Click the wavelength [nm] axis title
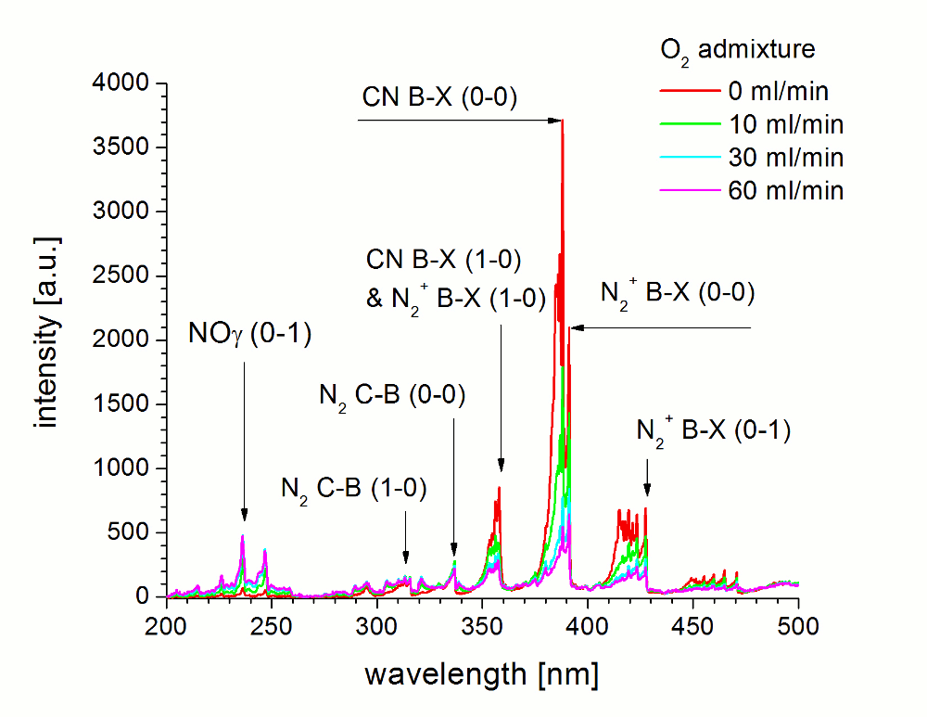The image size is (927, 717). [x=480, y=673]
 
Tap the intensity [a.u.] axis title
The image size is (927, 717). [x=45, y=339]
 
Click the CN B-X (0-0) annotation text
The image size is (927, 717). [x=439, y=96]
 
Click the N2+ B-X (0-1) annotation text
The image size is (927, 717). [x=713, y=431]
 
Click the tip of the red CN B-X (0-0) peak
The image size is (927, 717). [x=563, y=121]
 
